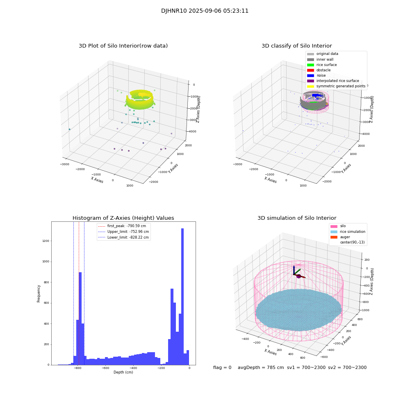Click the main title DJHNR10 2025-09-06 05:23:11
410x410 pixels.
coord(205,11)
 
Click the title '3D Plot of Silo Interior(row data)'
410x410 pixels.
coord(123,46)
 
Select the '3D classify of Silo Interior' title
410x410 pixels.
coord(296,46)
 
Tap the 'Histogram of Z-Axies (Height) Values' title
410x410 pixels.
coord(123,218)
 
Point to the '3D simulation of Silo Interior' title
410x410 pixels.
coord(296,218)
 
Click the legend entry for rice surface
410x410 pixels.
coord(327,65)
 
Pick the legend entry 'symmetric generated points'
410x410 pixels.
coord(340,86)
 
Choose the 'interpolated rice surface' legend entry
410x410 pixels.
coord(337,81)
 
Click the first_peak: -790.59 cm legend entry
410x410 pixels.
coord(126,226)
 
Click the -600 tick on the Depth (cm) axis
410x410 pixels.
coord(105,368)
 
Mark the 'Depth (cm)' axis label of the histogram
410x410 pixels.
coord(123,372)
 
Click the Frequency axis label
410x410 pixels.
coord(39,293)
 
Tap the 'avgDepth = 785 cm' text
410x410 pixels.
coord(261,368)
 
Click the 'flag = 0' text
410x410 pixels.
coord(222,368)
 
